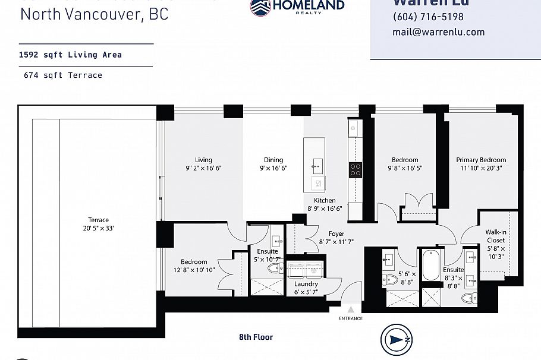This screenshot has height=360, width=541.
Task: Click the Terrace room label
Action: coord(99,220)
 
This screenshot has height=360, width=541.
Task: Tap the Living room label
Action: coord(203,160)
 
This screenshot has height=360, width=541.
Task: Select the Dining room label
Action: coord(273,160)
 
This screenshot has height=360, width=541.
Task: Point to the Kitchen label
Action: coord(325,201)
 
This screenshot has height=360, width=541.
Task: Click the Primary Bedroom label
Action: coord(481,160)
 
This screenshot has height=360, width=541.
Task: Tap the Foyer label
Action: coord(336,234)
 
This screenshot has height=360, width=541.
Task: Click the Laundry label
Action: coord(306,284)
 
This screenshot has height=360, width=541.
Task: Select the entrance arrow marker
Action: coord(351,309)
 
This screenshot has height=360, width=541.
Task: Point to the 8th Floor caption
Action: coord(256,337)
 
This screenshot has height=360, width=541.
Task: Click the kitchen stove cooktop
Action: coord(356,170)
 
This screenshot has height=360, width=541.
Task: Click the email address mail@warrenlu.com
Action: coord(438,32)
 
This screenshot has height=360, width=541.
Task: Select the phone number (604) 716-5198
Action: coord(428,17)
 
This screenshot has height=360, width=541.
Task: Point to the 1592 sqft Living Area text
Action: coord(70,55)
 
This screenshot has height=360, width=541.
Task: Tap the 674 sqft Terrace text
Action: coord(63,75)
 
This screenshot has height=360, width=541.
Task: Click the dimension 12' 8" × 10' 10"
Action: coord(194,271)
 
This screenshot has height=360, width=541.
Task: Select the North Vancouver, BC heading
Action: coord(94,13)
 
